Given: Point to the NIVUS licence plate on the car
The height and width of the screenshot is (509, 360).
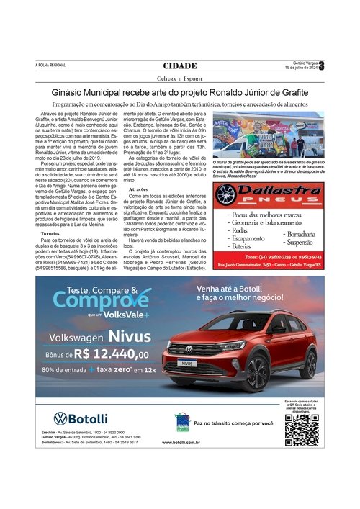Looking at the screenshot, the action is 186,364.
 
